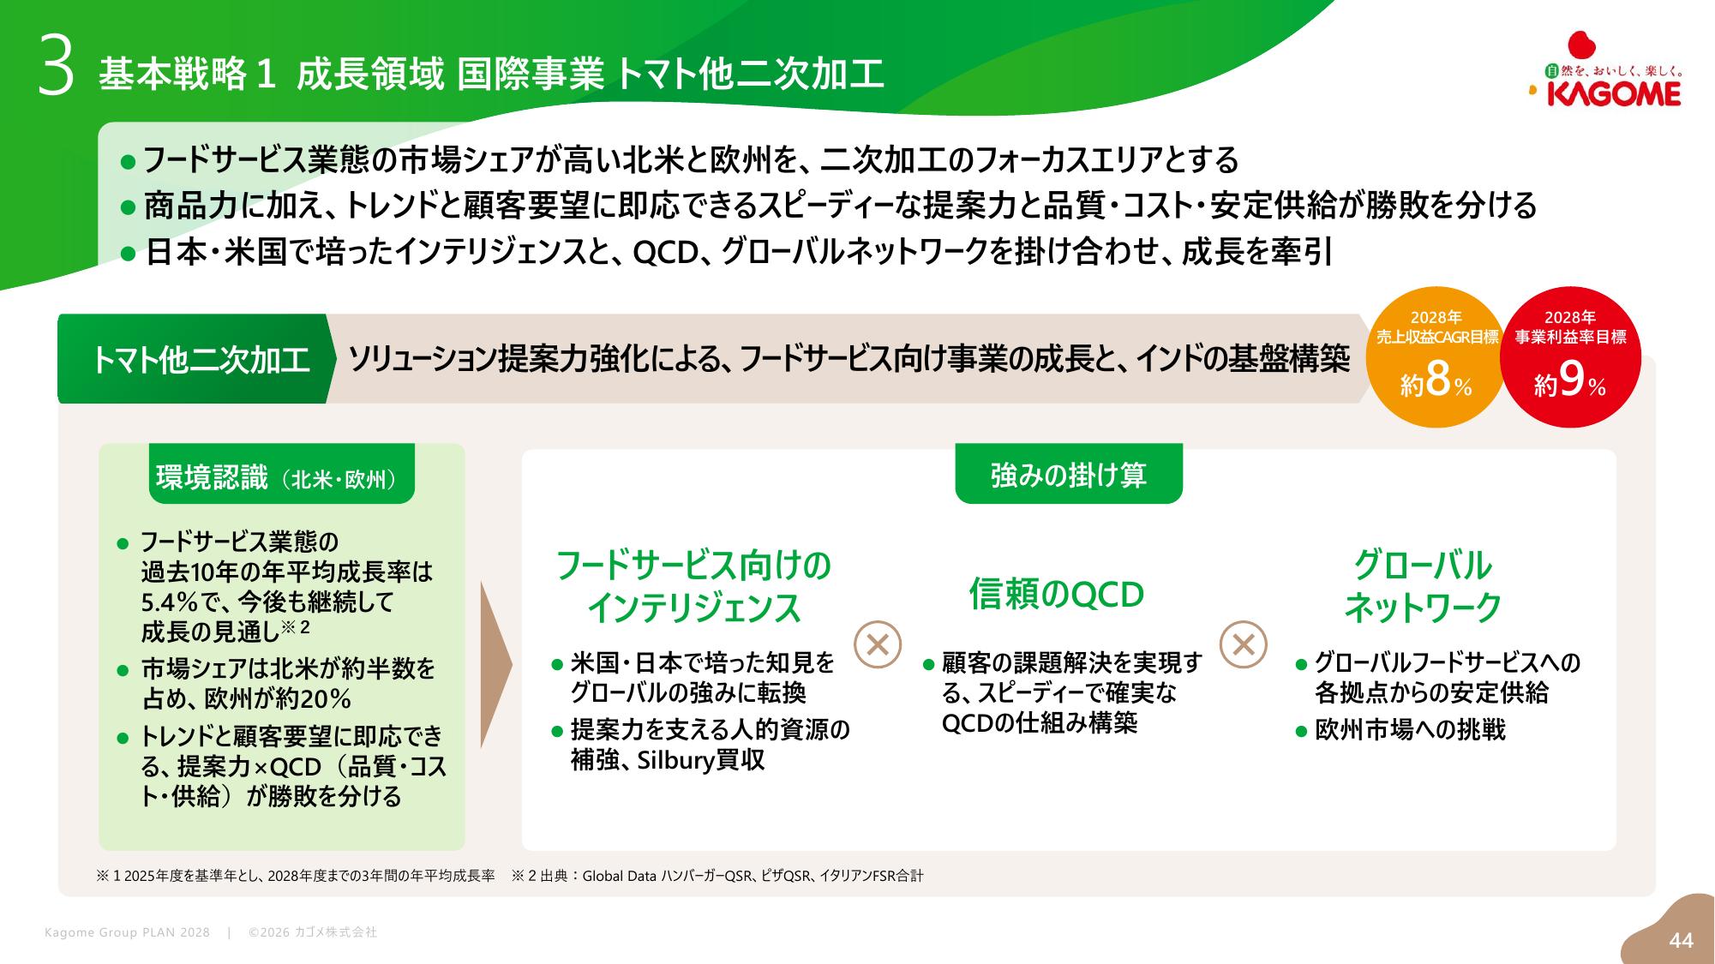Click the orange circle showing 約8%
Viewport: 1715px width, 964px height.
point(1437,357)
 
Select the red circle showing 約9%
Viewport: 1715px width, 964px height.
point(1570,357)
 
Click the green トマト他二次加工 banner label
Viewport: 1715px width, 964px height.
point(199,359)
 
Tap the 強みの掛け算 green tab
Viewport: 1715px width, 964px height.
point(1069,474)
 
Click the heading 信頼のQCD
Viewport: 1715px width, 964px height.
point(1057,594)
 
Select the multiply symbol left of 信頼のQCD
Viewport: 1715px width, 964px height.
point(878,644)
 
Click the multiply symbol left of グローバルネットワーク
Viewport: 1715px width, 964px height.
point(1243,644)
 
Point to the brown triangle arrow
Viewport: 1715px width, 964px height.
point(496,665)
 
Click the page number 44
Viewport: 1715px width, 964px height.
point(1682,941)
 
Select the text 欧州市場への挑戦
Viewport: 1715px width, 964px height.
point(1410,730)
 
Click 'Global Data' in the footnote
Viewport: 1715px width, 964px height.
point(619,876)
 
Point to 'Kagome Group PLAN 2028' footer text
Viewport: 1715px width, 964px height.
point(127,932)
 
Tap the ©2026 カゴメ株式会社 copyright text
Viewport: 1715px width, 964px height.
point(312,932)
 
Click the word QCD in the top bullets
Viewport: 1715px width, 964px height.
point(665,252)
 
